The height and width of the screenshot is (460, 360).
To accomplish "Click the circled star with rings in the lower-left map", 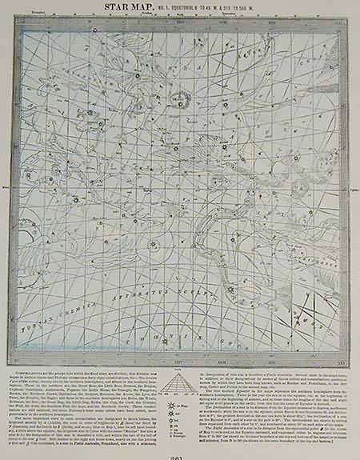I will tap(154, 246).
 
